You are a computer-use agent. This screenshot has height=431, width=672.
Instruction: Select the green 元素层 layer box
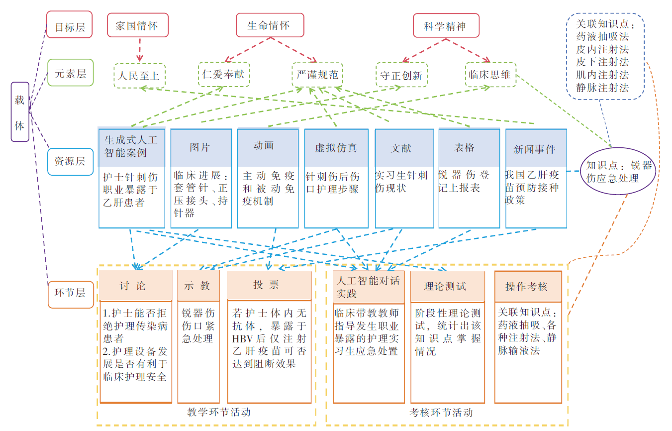tap(70, 73)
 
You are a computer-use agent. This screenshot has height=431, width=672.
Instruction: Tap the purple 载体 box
tap(20, 112)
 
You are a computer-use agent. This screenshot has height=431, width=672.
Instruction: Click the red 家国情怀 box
tap(138, 25)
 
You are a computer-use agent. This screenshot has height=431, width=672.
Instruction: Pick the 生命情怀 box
tap(269, 25)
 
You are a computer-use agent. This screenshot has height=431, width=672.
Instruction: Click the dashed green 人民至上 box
tap(139, 76)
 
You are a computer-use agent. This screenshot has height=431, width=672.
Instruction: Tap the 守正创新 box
tap(401, 75)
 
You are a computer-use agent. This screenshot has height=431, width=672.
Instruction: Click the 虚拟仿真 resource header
tap(336, 148)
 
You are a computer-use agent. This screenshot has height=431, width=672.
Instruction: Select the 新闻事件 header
tap(535, 148)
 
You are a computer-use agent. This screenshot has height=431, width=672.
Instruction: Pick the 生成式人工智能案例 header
tap(131, 146)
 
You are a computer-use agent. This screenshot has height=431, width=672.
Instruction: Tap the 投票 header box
tap(269, 285)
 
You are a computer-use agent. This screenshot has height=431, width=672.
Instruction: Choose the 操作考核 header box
tap(528, 286)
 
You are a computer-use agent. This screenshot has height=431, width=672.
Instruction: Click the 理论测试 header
tap(447, 286)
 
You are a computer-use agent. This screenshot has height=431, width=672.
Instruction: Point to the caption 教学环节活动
tap(219, 412)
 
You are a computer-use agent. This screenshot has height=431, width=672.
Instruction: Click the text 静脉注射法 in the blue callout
tap(602, 88)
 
